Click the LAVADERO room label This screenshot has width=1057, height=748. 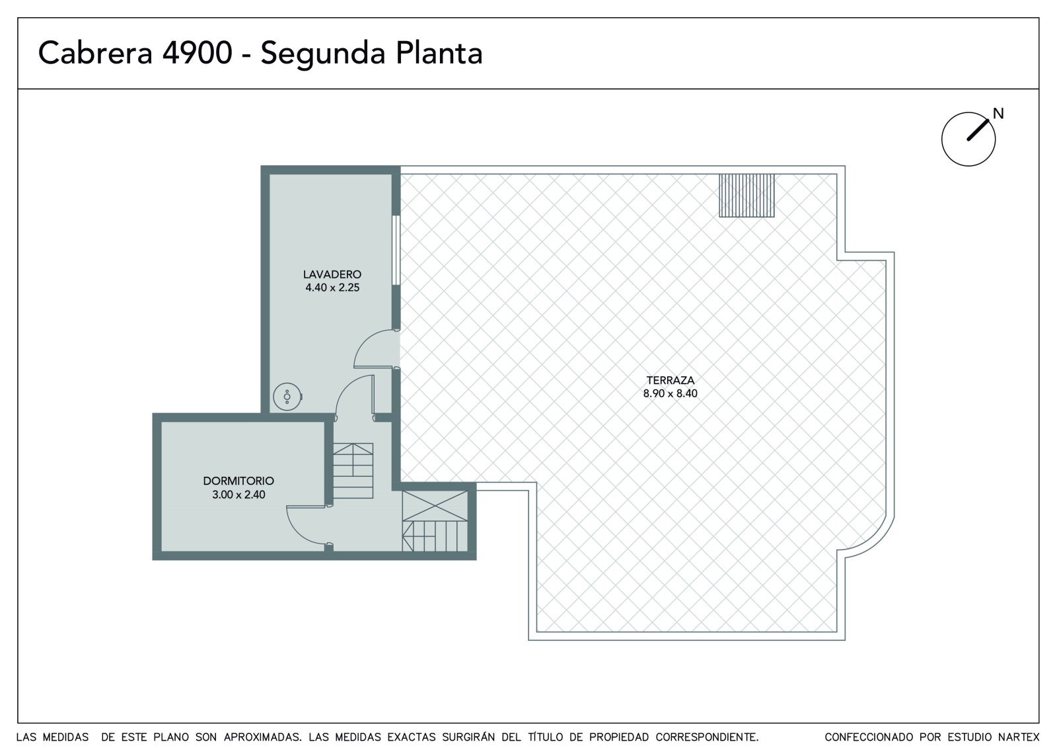[332, 274]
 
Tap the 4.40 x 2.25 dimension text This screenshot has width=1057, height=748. [332, 288]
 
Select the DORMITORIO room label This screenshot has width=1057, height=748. [238, 481]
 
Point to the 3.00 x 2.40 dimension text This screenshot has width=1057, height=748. [238, 495]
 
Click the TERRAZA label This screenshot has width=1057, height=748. [670, 380]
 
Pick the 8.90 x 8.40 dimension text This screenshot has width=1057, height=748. [670, 394]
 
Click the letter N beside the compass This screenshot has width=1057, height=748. [998, 113]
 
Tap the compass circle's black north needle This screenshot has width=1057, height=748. [978, 130]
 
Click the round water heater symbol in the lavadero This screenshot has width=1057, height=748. [287, 396]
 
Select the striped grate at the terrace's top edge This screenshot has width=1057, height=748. [747, 195]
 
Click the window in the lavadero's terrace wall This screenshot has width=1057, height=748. [396, 250]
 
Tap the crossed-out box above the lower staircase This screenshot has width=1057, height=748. [435, 505]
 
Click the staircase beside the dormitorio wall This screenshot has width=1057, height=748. [353, 471]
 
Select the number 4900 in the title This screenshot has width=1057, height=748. [198, 53]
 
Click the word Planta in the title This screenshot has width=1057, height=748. [439, 53]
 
